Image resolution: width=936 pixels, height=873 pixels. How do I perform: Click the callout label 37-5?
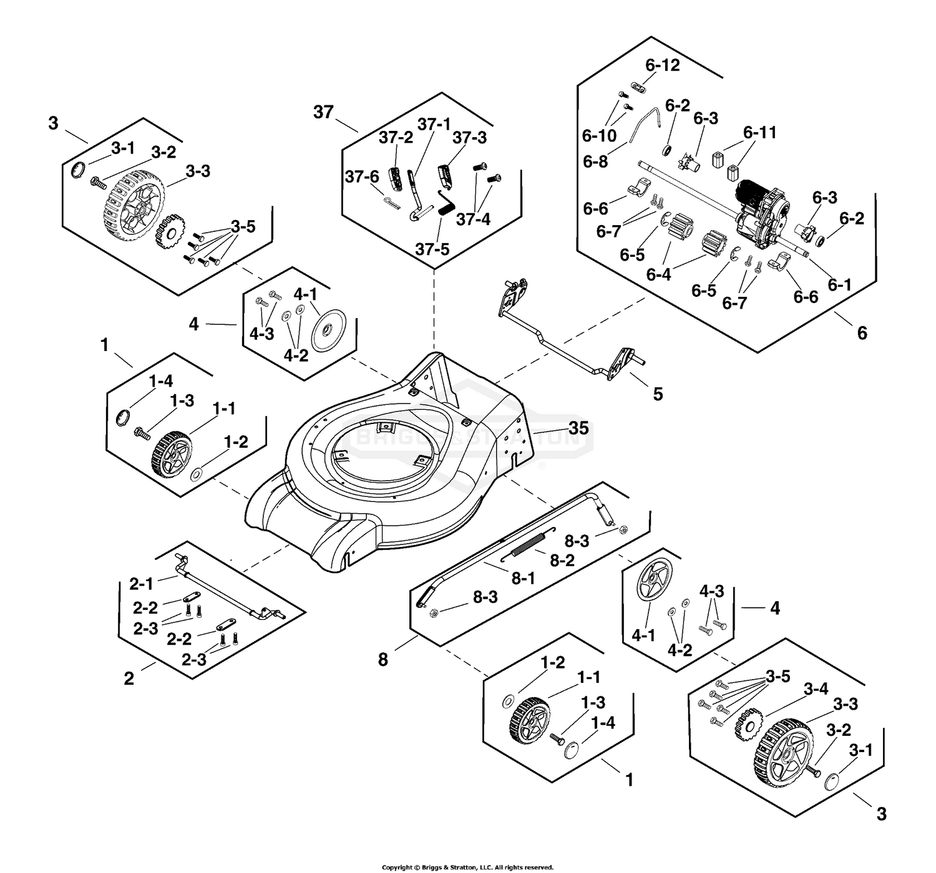432,249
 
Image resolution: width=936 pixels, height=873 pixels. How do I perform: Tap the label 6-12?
663,65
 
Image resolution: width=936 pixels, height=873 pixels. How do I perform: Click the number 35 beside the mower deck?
578,428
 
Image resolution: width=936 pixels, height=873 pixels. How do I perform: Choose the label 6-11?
759,132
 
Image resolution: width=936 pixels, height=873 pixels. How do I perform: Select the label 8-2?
562,560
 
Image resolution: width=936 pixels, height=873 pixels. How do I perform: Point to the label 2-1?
142,584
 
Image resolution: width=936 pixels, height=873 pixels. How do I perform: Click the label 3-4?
816,689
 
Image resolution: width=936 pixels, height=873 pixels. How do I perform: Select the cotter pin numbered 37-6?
392,201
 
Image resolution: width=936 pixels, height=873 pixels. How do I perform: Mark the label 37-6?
362,176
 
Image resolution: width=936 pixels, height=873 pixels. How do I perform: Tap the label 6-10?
600,136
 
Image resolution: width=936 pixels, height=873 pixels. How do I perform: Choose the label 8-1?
523,578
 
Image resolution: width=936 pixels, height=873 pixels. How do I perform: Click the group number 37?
323,112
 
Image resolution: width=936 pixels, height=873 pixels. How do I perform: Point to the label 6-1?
839,284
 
